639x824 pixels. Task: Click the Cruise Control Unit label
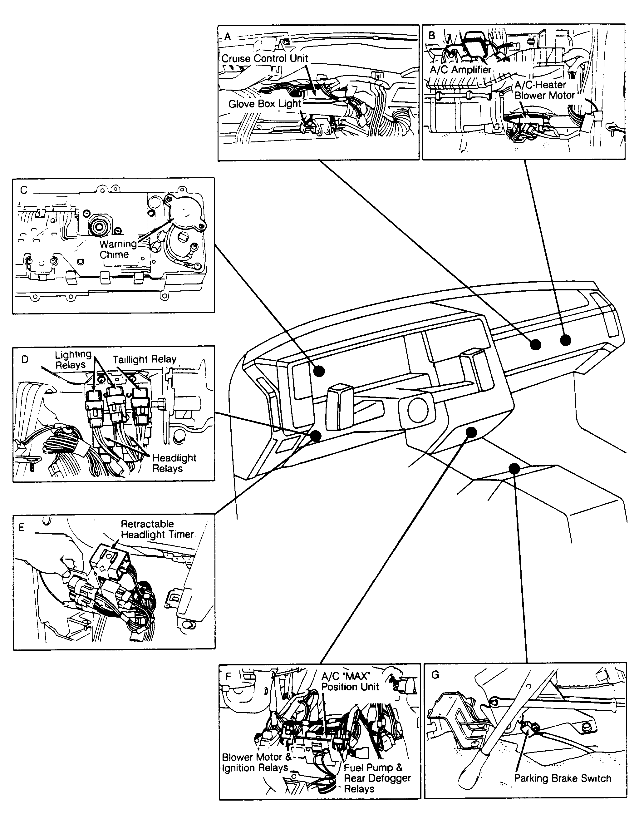pyautogui.click(x=264, y=58)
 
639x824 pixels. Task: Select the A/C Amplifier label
pyautogui.click(x=460, y=70)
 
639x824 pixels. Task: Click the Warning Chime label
pyautogui.click(x=118, y=249)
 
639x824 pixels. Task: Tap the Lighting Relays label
pyautogui.click(x=73, y=360)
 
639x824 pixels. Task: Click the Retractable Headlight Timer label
pyautogui.click(x=157, y=529)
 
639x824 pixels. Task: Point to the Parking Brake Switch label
pyautogui.click(x=562, y=778)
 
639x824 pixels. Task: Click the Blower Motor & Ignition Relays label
pyautogui.click(x=256, y=762)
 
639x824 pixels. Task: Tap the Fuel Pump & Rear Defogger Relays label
pyautogui.click(x=376, y=778)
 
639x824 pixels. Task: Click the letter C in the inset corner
pyautogui.click(x=24, y=190)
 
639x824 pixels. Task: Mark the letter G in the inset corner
pyautogui.click(x=435, y=674)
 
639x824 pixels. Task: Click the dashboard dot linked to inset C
pyautogui.click(x=319, y=371)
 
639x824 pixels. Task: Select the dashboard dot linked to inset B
pyautogui.click(x=565, y=340)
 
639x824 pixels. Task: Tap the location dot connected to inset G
pyautogui.click(x=514, y=469)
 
